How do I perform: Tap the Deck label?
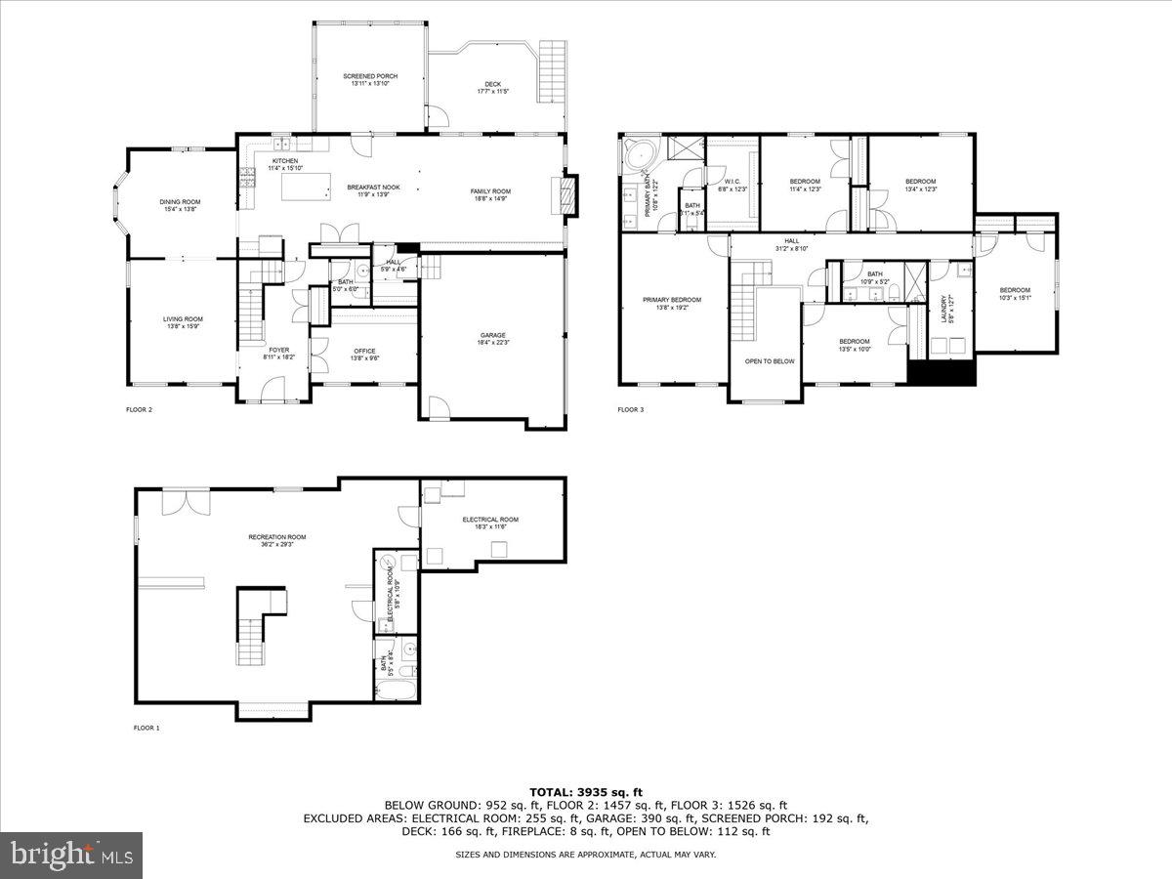[493, 87]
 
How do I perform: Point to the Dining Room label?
[180, 205]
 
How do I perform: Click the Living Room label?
[182, 322]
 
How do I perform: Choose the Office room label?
[364, 354]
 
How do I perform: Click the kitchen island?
[302, 185]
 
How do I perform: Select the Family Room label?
[490, 194]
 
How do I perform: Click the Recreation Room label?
[277, 539]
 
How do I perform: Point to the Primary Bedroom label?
[671, 303]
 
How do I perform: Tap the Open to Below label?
[770, 361]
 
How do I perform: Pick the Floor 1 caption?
[146, 728]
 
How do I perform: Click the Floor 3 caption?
[630, 410]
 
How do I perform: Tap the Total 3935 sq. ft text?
[586, 791]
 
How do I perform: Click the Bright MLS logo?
[71, 856]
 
